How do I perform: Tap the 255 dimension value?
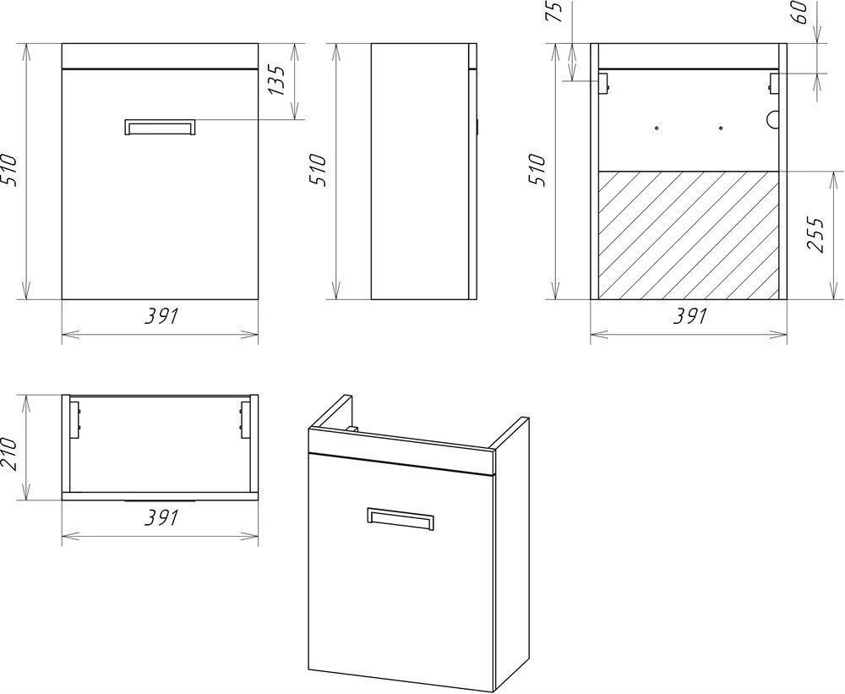pyautogui.click(x=816, y=234)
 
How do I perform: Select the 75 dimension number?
pyautogui.click(x=554, y=12)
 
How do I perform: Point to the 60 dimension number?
pyautogui.click(x=800, y=12)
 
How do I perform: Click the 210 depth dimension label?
pyautogui.click(x=10, y=453)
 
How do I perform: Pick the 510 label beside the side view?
pyautogui.click(x=318, y=171)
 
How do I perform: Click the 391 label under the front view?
pyautogui.click(x=161, y=316)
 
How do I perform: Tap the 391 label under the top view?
pyautogui.click(x=161, y=517)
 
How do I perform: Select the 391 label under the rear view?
pyautogui.click(x=690, y=316)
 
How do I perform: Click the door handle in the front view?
pyautogui.click(x=160, y=127)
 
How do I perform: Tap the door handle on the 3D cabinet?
pyautogui.click(x=400, y=519)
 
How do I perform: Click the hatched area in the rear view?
pyautogui.click(x=689, y=235)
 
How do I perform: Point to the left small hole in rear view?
pyautogui.click(x=657, y=128)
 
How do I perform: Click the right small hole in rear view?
pyautogui.click(x=721, y=128)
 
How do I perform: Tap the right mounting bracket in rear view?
pyautogui.click(x=774, y=83)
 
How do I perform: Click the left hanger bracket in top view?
pyautogui.click(x=75, y=419)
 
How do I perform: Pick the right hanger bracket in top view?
pyautogui.click(x=245, y=419)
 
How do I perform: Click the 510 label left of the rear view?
pyautogui.click(x=537, y=171)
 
